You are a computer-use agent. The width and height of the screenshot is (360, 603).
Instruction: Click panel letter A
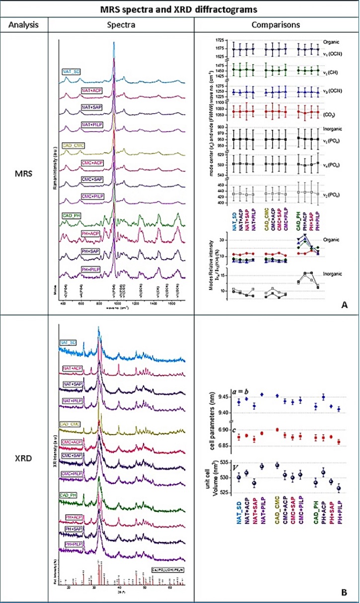[345, 307]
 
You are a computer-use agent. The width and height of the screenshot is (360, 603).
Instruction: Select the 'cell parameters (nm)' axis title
[213, 422]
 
